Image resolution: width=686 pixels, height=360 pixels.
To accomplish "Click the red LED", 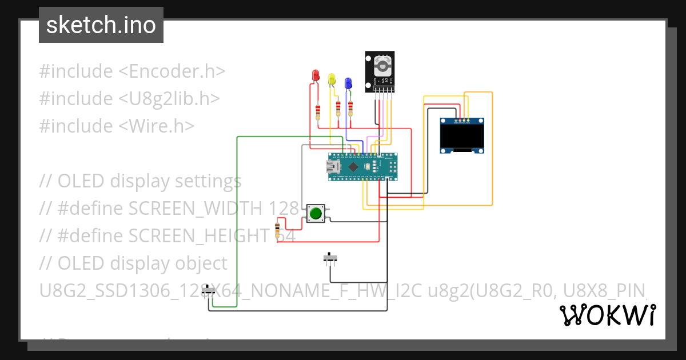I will (x=315, y=75).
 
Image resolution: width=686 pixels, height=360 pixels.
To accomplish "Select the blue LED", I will (x=348, y=83).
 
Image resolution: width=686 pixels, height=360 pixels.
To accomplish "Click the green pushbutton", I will (x=316, y=214).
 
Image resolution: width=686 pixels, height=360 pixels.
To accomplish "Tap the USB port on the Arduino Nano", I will (x=331, y=167).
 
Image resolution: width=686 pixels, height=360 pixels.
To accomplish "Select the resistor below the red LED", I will (x=318, y=111).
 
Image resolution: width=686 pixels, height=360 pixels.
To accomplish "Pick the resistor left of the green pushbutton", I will (x=278, y=230).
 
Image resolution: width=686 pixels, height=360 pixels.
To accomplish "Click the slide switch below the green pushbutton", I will (x=330, y=258).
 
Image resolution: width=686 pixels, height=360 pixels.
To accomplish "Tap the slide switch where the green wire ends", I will (x=209, y=291).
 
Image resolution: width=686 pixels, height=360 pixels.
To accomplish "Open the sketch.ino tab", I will (x=101, y=25).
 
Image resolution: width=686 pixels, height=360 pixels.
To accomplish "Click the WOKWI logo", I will (x=607, y=315).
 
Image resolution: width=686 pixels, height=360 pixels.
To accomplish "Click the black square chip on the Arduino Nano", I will (x=353, y=167).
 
